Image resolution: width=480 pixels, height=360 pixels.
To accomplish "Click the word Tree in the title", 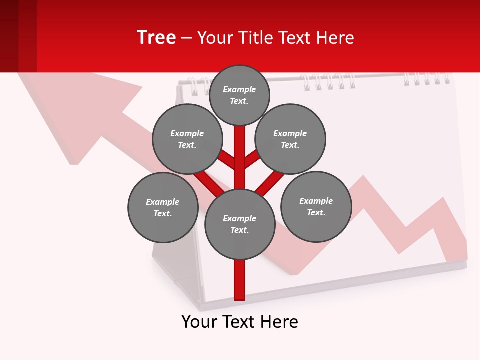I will (156, 37).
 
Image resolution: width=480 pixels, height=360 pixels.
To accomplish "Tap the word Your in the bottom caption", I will (199, 322).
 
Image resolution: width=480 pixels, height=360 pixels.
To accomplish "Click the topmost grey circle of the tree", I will (239, 95).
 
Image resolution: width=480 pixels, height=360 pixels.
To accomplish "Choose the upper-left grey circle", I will (187, 139).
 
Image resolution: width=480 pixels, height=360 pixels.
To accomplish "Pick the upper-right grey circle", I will (290, 139).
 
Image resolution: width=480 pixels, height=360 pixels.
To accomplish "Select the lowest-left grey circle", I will (163, 207).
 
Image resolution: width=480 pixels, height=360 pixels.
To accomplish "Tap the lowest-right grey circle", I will (316, 206).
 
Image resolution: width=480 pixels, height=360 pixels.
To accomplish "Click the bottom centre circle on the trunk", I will (240, 224).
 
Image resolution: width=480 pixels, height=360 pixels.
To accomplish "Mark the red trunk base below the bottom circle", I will (240, 280).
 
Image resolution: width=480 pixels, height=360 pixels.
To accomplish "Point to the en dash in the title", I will (186, 38).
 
